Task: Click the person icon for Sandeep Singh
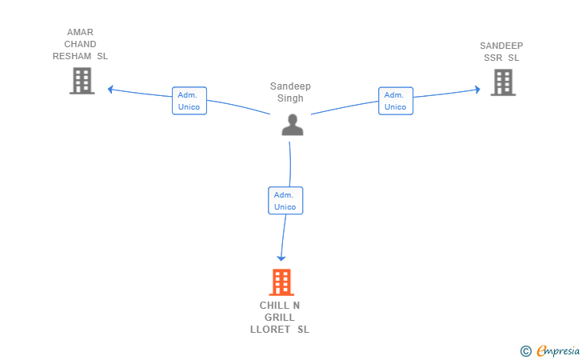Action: (x=293, y=125)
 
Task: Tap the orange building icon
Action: (x=281, y=282)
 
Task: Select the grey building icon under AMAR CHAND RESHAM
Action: (x=82, y=81)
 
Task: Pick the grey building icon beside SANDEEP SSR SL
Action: (x=503, y=82)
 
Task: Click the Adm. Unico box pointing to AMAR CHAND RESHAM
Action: (x=189, y=101)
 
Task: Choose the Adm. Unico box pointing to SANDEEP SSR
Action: (x=396, y=101)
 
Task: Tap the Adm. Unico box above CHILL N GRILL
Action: (x=285, y=201)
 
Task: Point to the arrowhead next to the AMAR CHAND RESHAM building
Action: (x=110, y=89)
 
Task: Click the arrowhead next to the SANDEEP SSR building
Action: (x=477, y=89)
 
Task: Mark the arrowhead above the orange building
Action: (x=281, y=258)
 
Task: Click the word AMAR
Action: (x=80, y=32)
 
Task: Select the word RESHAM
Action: (x=72, y=56)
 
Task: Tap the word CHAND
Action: (x=80, y=44)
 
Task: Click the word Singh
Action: (x=290, y=98)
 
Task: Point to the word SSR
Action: (x=493, y=58)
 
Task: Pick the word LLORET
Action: (x=270, y=330)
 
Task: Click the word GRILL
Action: (x=280, y=318)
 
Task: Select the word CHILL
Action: (x=275, y=306)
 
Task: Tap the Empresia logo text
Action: (x=558, y=351)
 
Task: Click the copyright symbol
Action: (x=525, y=351)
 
